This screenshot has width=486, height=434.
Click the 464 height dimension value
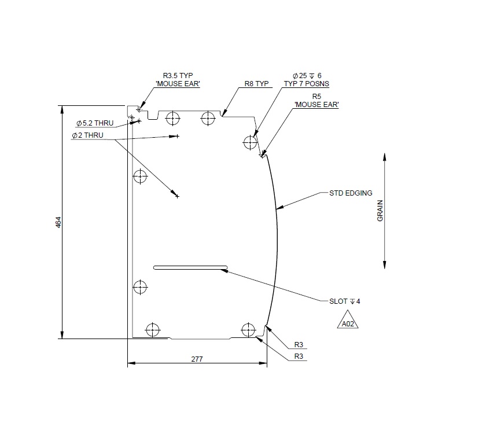point(58,222)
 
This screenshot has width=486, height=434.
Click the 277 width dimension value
point(197,359)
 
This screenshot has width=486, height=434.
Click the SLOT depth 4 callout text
point(344,301)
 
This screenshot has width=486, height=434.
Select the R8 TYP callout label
point(257,83)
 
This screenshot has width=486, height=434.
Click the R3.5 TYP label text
point(178,75)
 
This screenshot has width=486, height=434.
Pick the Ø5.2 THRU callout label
point(95,123)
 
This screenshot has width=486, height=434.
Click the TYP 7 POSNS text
point(306,84)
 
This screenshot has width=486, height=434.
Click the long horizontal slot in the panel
point(190,268)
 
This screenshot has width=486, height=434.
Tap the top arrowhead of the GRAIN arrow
point(384,157)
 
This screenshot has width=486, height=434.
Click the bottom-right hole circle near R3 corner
point(248,329)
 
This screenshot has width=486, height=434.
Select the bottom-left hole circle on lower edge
point(152,330)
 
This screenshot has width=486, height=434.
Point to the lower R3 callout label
point(299,356)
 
